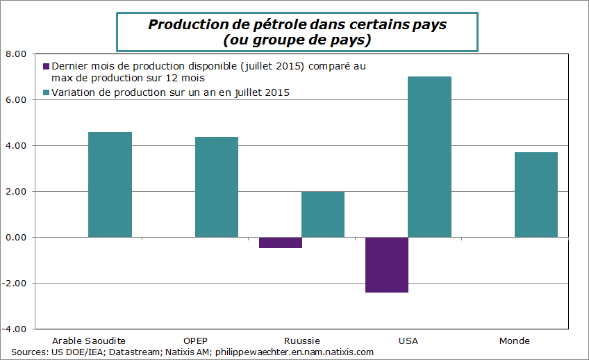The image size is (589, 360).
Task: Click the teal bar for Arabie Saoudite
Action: (x=110, y=185)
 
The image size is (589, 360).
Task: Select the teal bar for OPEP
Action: (x=217, y=187)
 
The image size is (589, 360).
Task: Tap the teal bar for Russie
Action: (x=323, y=214)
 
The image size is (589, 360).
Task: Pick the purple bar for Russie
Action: (x=281, y=243)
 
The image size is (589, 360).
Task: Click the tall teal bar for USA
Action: (x=429, y=157)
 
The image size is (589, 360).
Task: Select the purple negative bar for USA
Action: (x=387, y=265)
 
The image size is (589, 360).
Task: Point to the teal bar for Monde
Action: (x=536, y=195)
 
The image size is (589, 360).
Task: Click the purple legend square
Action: (x=47, y=66)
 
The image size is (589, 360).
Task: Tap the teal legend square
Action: (x=47, y=92)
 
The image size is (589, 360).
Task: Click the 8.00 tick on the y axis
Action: (x=16, y=54)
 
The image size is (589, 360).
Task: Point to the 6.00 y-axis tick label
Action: (x=16, y=99)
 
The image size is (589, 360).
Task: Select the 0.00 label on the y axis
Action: (x=16, y=237)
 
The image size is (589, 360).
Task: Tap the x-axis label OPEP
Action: (x=195, y=341)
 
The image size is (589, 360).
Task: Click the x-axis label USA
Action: (x=408, y=341)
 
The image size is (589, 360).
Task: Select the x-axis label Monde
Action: (x=514, y=341)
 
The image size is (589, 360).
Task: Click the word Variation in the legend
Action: (x=73, y=92)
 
